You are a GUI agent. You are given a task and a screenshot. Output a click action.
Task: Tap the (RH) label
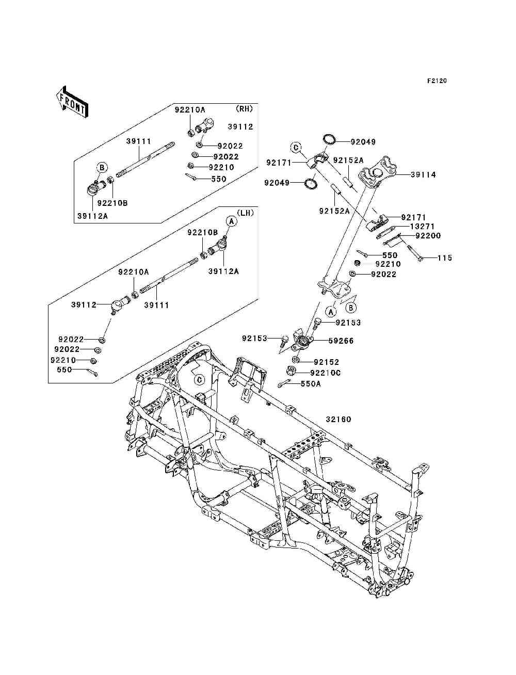tap(244, 109)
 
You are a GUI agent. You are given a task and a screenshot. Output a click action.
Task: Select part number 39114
tap(423, 175)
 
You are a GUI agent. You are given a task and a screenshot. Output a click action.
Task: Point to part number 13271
tap(422, 227)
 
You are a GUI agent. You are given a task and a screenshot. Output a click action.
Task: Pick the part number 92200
tap(428, 236)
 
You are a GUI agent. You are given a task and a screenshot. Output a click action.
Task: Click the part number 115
tap(445, 258)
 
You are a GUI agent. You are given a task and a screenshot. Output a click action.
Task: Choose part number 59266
tap(341, 341)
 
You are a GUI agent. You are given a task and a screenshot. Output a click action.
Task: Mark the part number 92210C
tap(326, 373)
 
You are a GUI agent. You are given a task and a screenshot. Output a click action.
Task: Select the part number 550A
tap(311, 383)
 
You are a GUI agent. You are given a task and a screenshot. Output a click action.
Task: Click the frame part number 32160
tap(338, 420)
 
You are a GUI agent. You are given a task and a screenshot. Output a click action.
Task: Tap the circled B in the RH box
tap(102, 167)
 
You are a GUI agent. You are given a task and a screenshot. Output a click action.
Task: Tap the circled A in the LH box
tap(232, 221)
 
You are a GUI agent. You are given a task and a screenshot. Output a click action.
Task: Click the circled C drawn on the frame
tap(199, 380)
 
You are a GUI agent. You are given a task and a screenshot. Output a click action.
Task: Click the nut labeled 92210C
tap(291, 371)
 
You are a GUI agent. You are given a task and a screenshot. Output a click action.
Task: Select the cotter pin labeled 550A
tap(284, 383)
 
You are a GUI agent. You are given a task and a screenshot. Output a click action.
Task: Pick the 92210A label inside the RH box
tap(190, 110)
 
